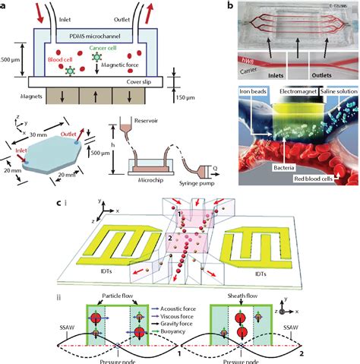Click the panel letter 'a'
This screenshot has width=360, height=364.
coord(5,5)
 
